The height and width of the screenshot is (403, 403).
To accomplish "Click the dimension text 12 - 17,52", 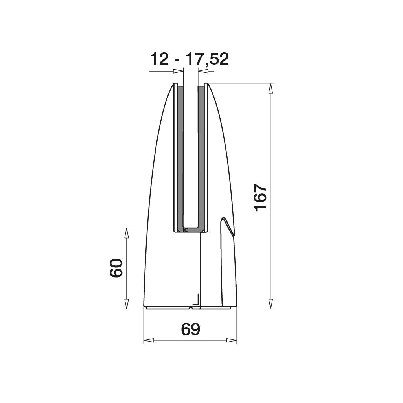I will click(189, 59).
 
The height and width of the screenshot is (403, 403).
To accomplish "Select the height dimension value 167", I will click(260, 197).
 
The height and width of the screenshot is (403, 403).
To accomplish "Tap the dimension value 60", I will click(116, 269).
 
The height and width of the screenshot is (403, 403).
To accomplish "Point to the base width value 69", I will click(190, 329).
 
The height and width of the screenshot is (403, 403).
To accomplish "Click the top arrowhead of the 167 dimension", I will click(270, 88).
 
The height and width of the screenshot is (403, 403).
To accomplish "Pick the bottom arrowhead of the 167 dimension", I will click(270, 304).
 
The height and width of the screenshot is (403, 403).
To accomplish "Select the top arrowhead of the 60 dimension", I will click(127, 233).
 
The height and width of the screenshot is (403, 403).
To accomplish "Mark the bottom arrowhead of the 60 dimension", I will click(127, 304).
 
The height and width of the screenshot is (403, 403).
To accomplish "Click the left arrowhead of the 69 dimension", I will click(149, 340).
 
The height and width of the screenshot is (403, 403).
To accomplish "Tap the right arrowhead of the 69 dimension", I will click(232, 340).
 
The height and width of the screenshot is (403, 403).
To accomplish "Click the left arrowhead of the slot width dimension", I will click(178, 71).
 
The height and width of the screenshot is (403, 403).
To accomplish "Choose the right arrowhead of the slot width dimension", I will click(203, 71).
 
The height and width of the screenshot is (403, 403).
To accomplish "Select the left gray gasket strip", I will click(180, 157).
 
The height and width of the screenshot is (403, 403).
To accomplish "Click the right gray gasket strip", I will click(201, 157).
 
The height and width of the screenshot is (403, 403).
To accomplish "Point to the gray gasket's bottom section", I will click(191, 229).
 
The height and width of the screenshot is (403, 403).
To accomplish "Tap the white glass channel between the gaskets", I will click(191, 157).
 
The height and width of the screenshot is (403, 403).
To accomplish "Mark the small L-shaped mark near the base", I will click(197, 301).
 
